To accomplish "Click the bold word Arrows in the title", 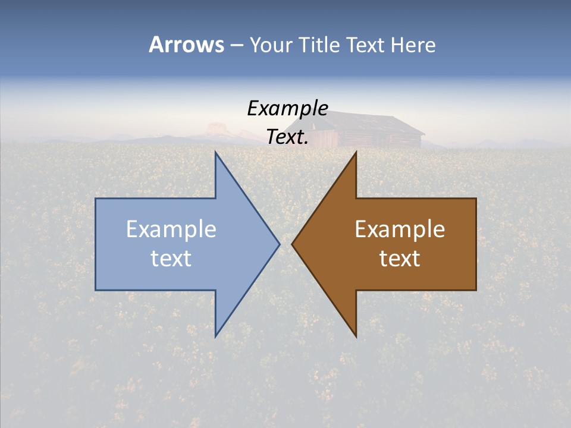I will (x=186, y=45).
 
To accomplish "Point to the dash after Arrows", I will (x=236, y=46).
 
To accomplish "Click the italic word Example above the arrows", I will (x=288, y=108).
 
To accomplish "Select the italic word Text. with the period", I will (x=288, y=137).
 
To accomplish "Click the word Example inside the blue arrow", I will (x=171, y=229).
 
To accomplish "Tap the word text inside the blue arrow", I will (x=171, y=258).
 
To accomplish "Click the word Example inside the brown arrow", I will (x=400, y=229).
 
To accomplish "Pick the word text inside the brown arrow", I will (x=400, y=258).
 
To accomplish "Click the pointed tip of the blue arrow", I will (x=279, y=244).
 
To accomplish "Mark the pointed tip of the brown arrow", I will (x=292, y=244).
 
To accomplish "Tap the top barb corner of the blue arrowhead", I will (x=216, y=153).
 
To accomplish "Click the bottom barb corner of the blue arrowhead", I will (x=216, y=336).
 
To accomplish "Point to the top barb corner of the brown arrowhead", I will (x=356, y=153).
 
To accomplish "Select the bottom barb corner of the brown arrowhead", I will (x=356, y=336).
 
